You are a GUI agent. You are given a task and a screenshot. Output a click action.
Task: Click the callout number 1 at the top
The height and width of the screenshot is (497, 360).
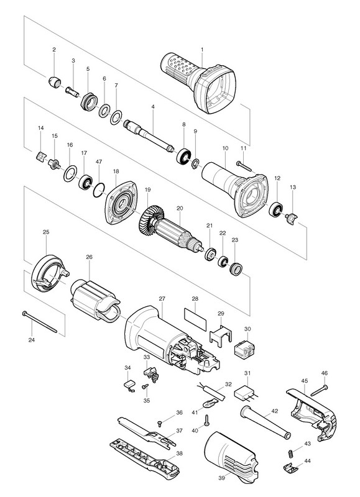click(202, 50)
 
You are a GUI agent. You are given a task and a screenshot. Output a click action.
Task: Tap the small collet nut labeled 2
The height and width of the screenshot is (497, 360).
click(55, 82)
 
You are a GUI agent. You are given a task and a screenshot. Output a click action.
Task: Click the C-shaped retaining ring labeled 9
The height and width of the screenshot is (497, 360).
click(195, 164)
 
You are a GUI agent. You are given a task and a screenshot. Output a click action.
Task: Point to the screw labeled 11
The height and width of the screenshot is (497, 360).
click(244, 166)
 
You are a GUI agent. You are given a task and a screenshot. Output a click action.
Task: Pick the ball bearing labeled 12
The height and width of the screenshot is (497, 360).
click(275, 209)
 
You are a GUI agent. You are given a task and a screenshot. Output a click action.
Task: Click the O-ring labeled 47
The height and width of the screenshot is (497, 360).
click(99, 189)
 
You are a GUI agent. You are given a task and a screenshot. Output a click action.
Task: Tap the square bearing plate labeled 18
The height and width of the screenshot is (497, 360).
click(121, 203)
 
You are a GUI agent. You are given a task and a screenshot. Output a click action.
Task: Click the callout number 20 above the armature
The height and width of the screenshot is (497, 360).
click(180, 208)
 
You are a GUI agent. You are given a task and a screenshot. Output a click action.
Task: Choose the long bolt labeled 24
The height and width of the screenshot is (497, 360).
click(40, 322)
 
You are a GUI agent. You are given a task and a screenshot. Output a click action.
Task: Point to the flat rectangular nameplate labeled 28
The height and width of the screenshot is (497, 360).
click(195, 319)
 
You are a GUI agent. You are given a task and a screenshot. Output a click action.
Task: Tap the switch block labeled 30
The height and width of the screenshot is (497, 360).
click(244, 349)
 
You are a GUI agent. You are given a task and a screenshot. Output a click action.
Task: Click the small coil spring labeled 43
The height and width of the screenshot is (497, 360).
click(290, 454)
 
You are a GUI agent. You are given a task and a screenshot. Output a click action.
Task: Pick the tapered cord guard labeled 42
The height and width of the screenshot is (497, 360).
click(265, 422)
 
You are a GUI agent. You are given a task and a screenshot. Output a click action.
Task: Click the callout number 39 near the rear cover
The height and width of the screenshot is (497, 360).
click(221, 477)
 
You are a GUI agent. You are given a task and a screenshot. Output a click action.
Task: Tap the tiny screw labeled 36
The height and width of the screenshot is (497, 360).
click(160, 424)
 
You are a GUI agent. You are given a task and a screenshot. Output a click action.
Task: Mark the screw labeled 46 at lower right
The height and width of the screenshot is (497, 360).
click(319, 390)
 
